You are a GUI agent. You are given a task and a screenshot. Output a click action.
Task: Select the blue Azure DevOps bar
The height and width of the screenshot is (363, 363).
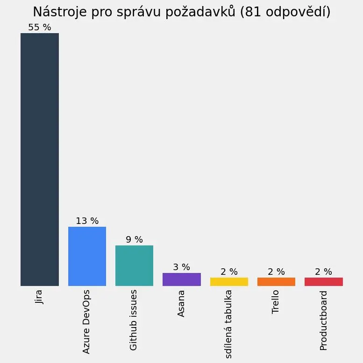87,256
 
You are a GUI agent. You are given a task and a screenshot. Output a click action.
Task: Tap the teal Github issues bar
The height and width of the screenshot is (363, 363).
134,265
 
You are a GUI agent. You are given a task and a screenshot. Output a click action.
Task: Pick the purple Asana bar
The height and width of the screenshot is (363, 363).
181,279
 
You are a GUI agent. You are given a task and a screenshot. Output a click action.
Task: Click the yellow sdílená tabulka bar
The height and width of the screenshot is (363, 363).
229,281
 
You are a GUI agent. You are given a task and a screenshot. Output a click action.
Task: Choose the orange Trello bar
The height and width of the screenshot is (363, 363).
276,281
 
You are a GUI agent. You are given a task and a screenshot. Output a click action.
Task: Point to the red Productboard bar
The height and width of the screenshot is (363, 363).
323,281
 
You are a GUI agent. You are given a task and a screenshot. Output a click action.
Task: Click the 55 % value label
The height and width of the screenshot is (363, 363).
40,28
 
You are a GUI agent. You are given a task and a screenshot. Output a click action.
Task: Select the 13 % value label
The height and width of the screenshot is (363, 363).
87,221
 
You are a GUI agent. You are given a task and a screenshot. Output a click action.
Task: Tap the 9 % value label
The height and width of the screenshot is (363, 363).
134,240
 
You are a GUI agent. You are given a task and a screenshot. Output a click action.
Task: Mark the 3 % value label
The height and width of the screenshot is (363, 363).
181,267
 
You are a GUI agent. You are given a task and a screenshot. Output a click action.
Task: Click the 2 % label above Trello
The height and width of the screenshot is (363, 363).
276,272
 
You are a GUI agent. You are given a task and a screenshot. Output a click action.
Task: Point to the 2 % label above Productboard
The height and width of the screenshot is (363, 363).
323,272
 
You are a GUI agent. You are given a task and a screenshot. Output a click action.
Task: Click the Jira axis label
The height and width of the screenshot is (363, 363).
39,297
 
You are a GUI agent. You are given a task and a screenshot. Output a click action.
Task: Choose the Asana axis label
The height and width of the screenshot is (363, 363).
181,303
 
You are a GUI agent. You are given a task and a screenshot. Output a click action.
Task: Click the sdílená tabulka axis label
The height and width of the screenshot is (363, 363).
228,324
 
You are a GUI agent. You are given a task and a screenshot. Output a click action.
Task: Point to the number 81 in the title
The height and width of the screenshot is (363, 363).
251,12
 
